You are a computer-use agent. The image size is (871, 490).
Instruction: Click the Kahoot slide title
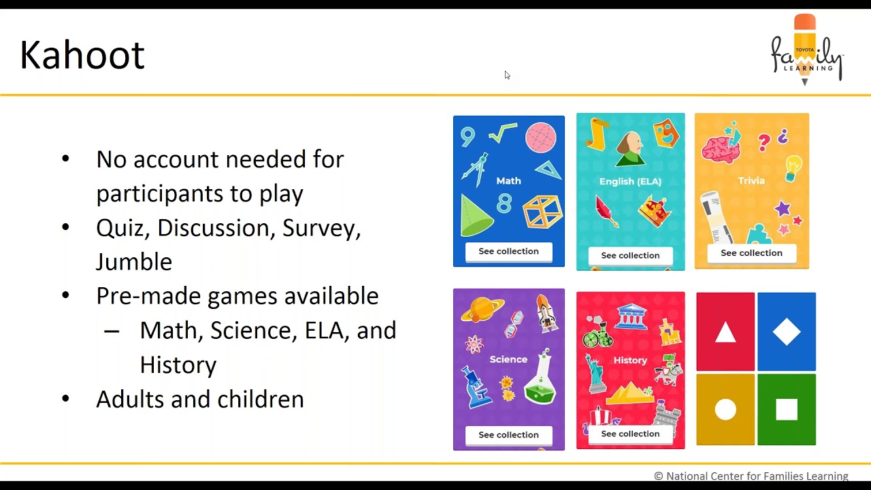click(82, 56)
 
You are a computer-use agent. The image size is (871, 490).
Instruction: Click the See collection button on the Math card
click(508, 252)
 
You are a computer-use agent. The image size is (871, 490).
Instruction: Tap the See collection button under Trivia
click(751, 253)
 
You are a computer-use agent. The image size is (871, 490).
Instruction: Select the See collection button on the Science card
click(508, 435)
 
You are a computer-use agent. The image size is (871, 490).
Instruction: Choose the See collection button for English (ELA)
click(630, 256)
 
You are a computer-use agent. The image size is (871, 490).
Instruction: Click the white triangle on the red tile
click(725, 332)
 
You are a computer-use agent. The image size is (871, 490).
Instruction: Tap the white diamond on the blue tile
click(787, 331)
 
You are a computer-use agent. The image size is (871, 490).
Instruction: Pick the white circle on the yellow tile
click(725, 410)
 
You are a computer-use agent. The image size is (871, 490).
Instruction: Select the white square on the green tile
click(787, 410)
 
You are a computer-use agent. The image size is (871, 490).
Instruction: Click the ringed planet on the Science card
click(482, 310)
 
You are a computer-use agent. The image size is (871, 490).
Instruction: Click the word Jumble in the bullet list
click(134, 262)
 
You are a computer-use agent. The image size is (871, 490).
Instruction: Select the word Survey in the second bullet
click(321, 228)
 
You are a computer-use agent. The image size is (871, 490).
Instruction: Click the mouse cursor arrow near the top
click(507, 75)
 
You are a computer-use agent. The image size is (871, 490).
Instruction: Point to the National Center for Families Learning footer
click(751, 476)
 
